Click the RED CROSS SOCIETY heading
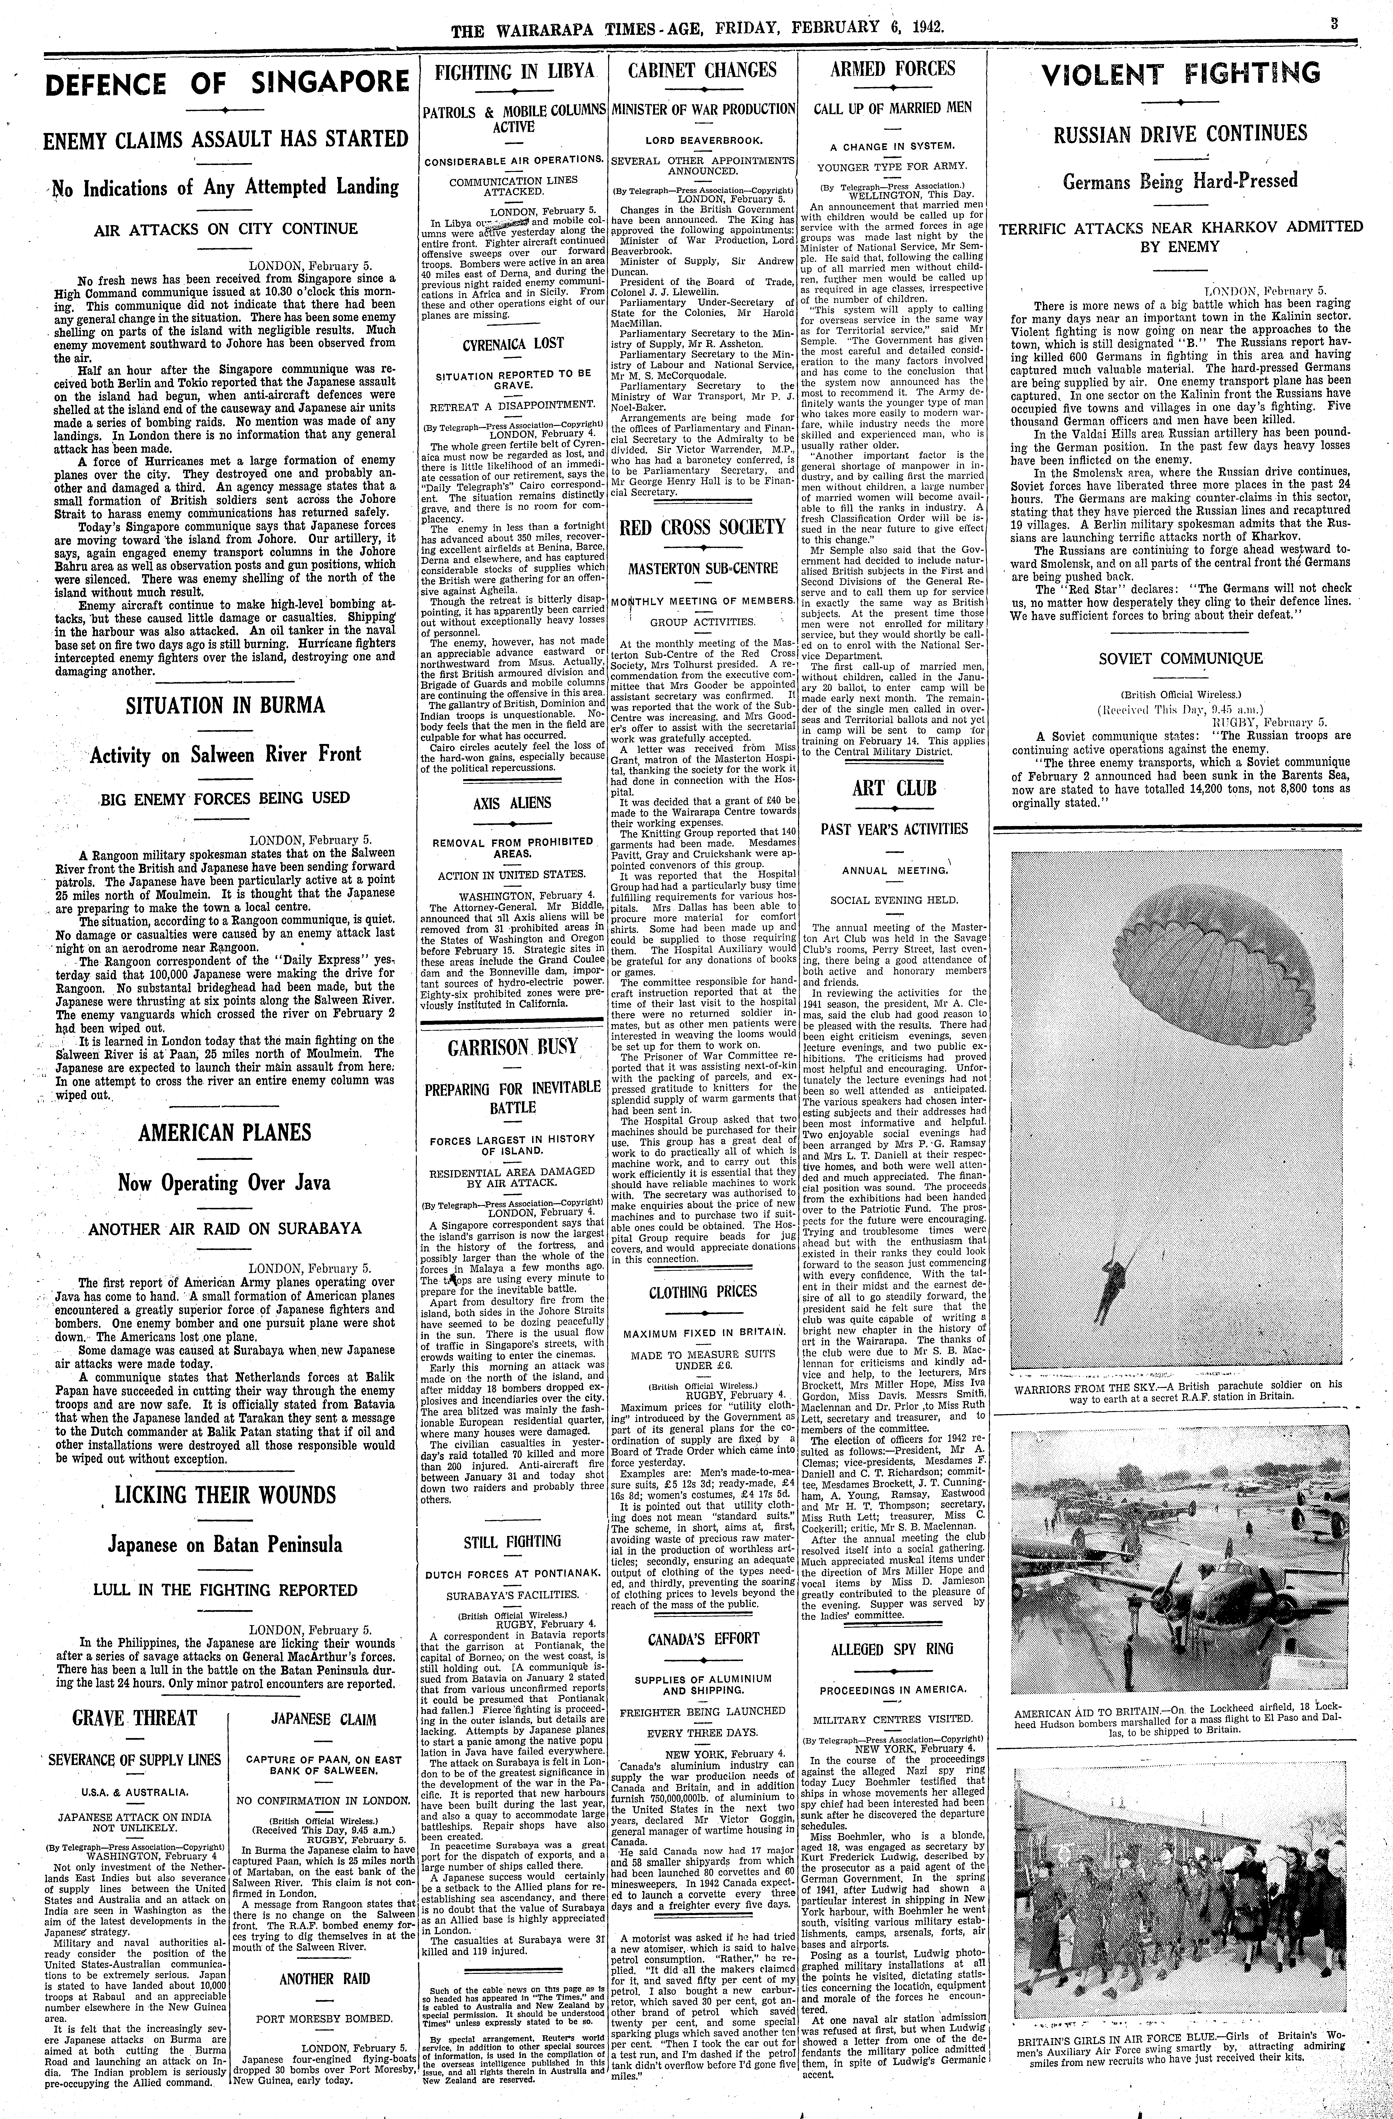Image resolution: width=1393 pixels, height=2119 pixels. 702,527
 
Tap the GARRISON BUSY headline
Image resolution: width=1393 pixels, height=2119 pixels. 513,1046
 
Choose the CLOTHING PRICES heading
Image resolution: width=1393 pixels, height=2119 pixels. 702,1292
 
